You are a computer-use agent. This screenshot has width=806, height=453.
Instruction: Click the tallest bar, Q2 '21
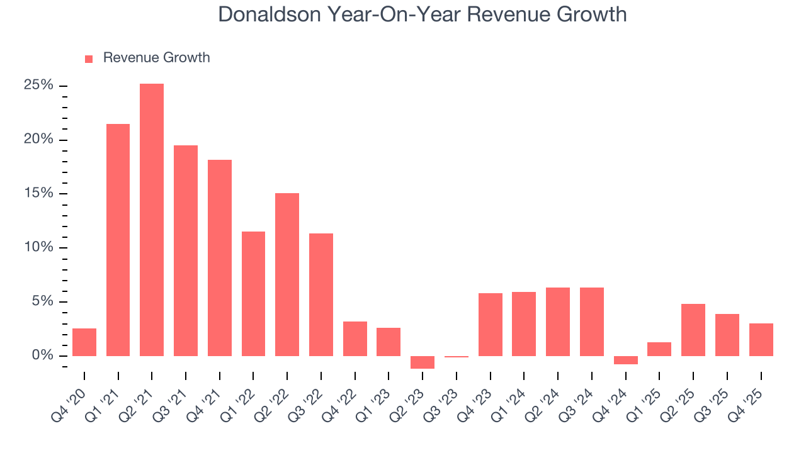pyautogui.click(x=152, y=220)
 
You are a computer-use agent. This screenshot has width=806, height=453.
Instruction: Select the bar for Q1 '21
pyautogui.click(x=118, y=240)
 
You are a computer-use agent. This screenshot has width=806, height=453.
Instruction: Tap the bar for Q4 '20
pyautogui.click(x=84, y=342)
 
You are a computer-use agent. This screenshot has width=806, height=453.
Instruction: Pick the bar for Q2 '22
pyautogui.click(x=287, y=274)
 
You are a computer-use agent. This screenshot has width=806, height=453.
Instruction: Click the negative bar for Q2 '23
pyautogui.click(x=423, y=362)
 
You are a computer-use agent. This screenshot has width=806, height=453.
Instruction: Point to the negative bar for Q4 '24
pyautogui.click(x=625, y=360)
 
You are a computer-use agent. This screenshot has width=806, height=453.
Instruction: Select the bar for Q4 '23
pyautogui.click(x=490, y=325)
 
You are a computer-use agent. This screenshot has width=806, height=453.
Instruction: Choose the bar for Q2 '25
pyautogui.click(x=693, y=330)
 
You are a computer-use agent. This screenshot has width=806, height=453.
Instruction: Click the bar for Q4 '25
pyautogui.click(x=761, y=340)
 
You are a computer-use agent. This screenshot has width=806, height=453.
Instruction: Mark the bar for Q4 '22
pyautogui.click(x=355, y=338)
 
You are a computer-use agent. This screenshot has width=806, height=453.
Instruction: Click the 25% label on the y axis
pyautogui.click(x=38, y=86)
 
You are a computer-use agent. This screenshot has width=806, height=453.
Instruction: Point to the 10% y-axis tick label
pyautogui.click(x=38, y=247)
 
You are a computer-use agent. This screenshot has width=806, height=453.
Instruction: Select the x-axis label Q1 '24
pyautogui.click(x=514, y=396)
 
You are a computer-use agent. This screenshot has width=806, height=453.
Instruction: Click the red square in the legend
pyautogui.click(x=89, y=59)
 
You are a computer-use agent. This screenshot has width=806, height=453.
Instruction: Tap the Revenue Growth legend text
pyautogui.click(x=156, y=58)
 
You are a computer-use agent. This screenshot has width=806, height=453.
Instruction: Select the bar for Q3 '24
pyautogui.click(x=591, y=322)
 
